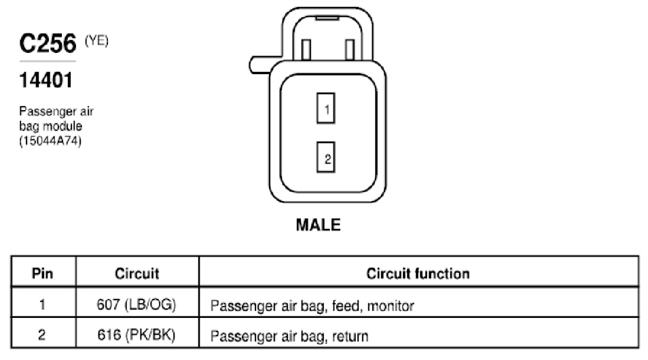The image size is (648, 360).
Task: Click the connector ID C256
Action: [x=48, y=43]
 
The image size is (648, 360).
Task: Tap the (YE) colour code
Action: [x=96, y=41]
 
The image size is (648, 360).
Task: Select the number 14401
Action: [x=46, y=80]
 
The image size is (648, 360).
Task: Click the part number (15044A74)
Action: [x=50, y=141]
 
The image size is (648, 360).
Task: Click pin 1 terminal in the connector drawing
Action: [x=325, y=108]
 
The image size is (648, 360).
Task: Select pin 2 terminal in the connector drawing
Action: [x=325, y=157]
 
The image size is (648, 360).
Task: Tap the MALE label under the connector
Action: [x=318, y=225]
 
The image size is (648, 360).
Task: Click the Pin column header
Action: [x=43, y=273]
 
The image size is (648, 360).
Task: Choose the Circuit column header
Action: [x=137, y=273]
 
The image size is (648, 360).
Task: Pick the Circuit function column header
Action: [x=418, y=273]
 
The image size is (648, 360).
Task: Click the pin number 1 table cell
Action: [x=42, y=304]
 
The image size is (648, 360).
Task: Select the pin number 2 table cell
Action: [x=41, y=334]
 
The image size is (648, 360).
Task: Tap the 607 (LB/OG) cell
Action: [x=137, y=304]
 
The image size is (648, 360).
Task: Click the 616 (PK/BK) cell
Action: [x=137, y=335]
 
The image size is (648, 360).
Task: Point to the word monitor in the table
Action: [x=391, y=306]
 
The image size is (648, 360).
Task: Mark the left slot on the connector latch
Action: [x=306, y=50]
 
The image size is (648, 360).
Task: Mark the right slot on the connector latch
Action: [x=350, y=50]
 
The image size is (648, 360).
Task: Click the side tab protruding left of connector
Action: [x=259, y=65]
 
